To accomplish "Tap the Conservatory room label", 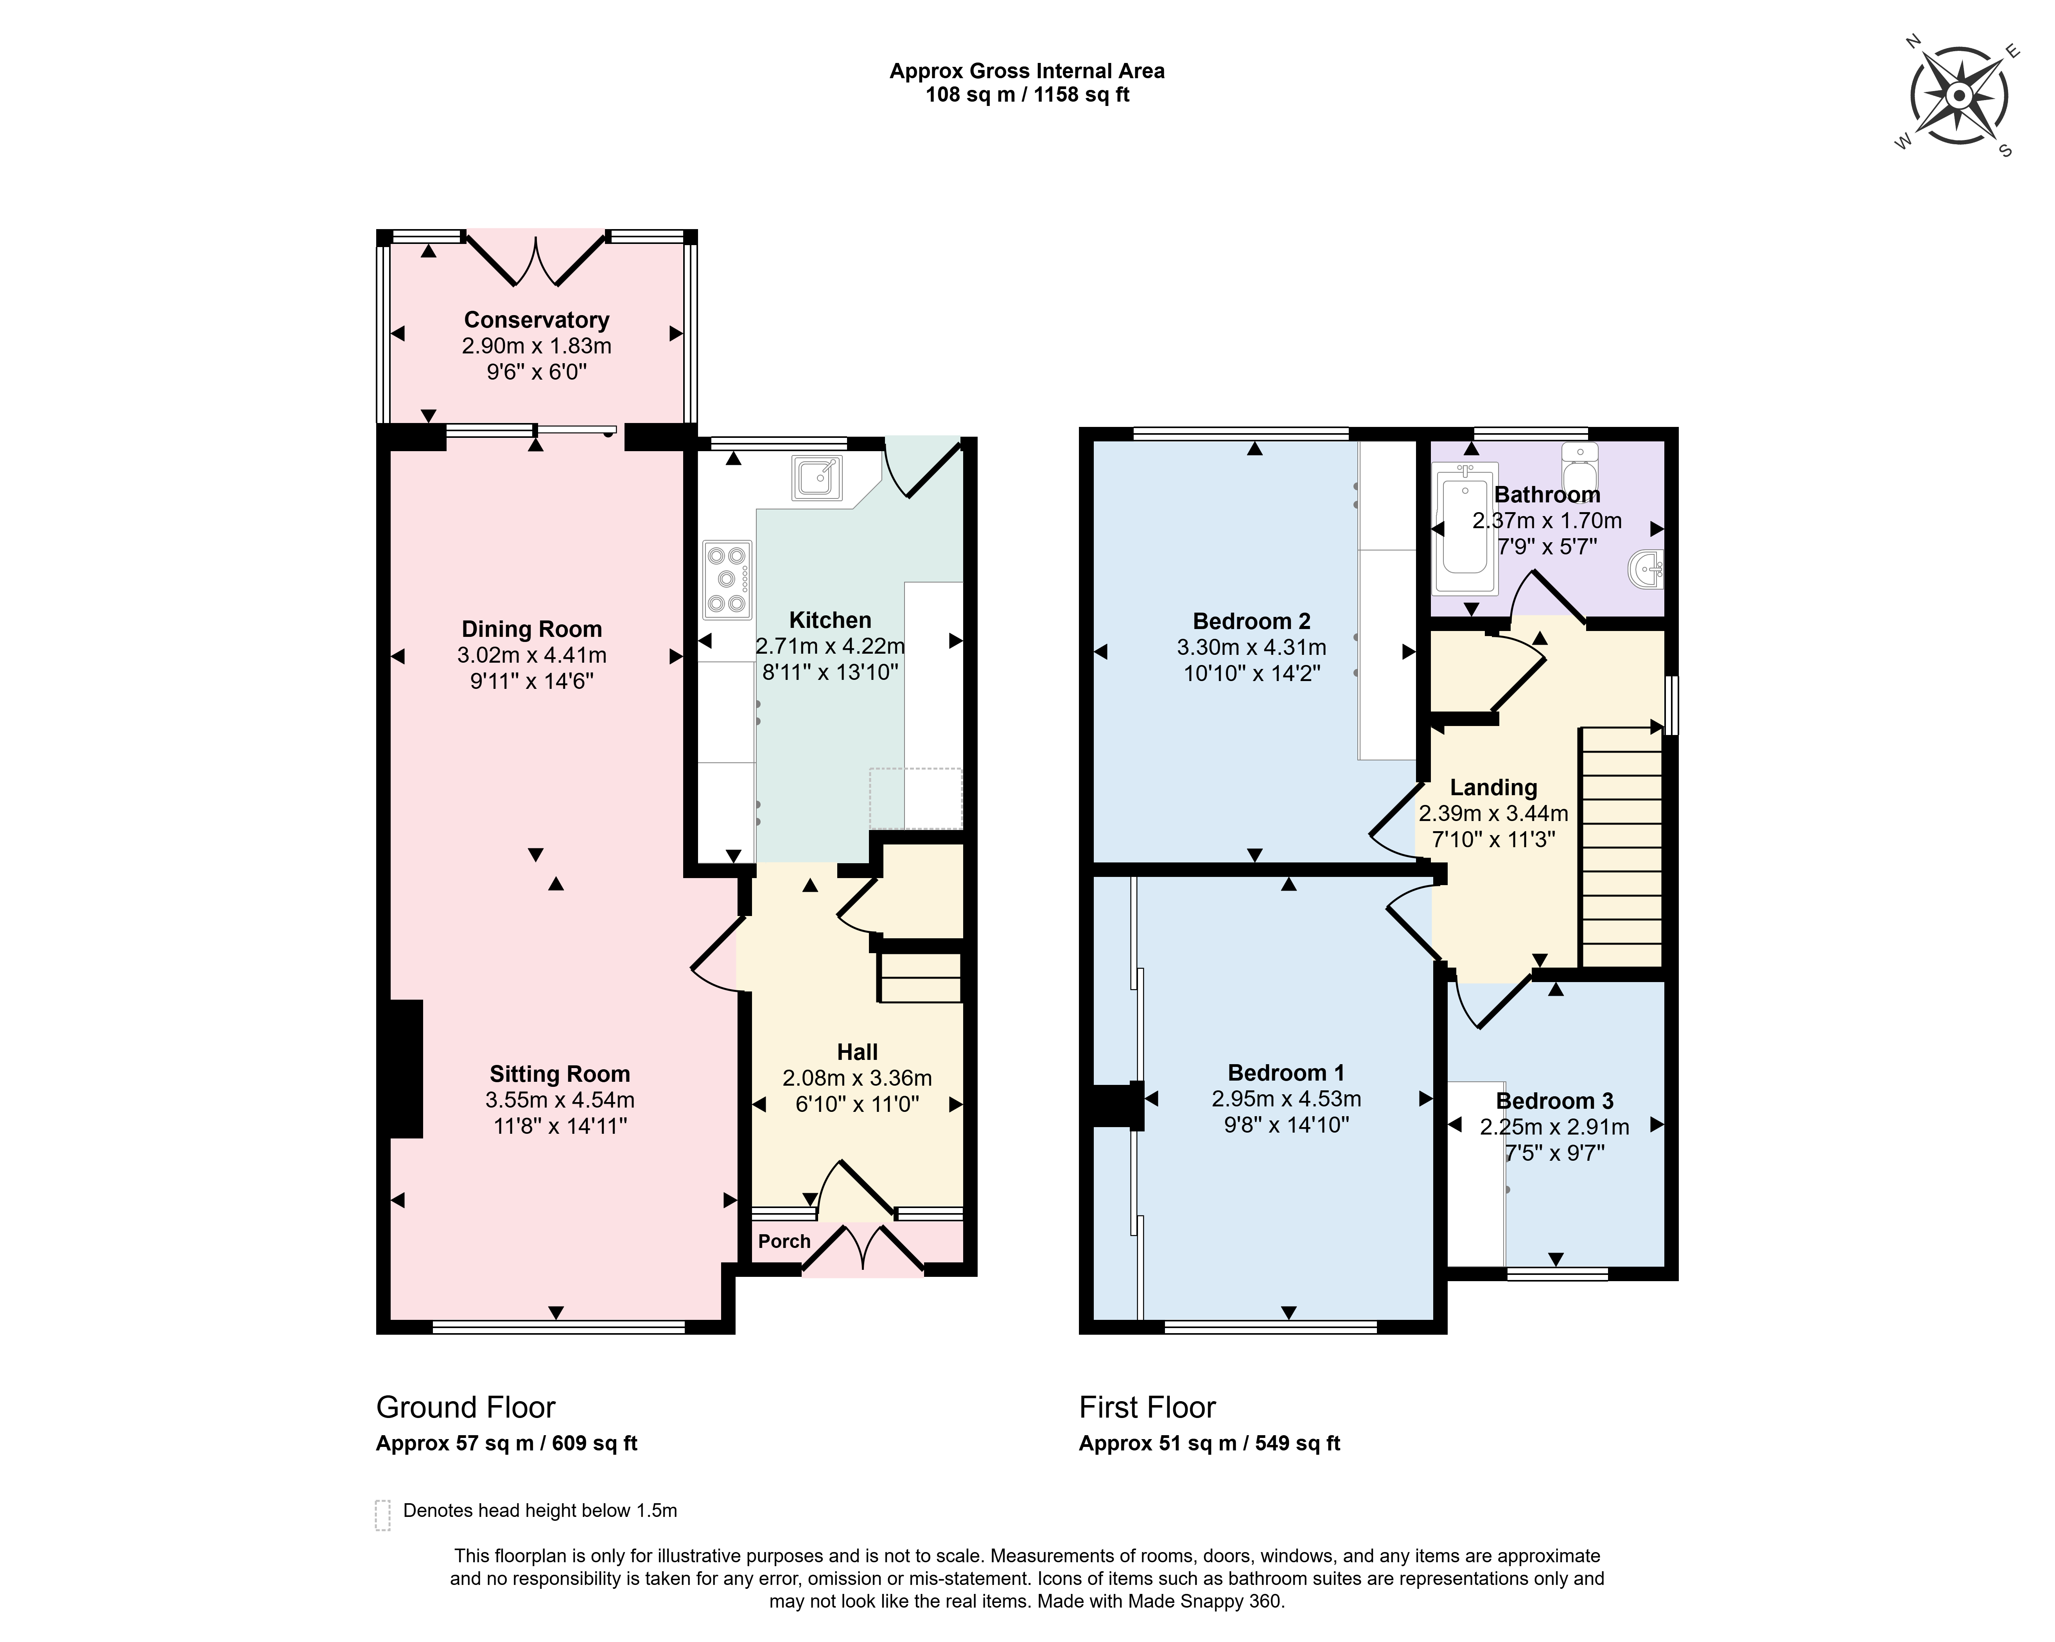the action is [x=537, y=320].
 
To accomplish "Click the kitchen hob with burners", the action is [x=727, y=579].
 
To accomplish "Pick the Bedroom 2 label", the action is [x=1251, y=621].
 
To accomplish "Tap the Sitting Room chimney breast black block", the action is [x=406, y=1068].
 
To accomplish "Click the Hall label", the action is [x=857, y=1052].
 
